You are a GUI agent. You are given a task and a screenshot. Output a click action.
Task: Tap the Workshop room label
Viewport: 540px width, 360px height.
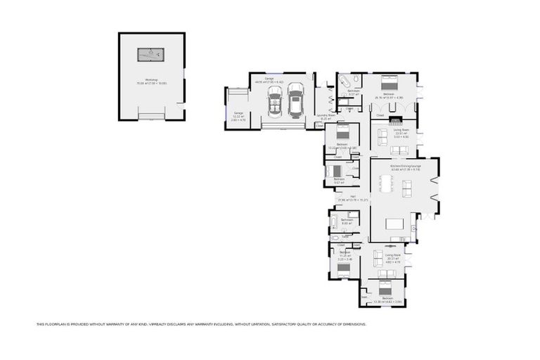151,80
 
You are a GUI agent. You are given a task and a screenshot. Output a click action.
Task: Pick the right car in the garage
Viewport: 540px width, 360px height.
295,103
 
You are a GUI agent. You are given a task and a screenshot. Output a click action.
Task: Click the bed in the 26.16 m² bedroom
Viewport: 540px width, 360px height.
389,80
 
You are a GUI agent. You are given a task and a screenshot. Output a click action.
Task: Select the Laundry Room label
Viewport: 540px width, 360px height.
326,115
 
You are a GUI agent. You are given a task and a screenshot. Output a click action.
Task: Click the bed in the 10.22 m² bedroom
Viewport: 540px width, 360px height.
342,131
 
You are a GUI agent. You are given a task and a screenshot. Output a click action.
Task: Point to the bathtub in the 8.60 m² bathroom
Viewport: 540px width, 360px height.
333,225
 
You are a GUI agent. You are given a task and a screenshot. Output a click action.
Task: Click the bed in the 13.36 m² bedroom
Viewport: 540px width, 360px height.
385,288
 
